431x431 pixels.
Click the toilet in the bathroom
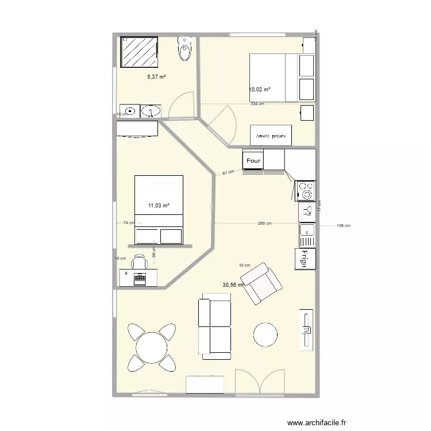tap(184, 49)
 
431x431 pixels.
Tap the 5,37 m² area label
tap(157, 77)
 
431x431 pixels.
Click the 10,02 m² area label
tap(259, 90)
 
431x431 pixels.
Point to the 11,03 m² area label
tap(159, 205)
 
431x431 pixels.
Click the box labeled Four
tap(253, 160)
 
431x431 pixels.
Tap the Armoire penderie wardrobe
tap(271, 136)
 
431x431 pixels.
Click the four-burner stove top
tap(306, 190)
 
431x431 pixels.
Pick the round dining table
tap(152, 348)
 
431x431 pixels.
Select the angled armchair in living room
tap(262, 284)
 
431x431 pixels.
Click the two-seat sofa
tap(214, 326)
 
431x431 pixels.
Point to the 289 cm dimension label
tap(264, 224)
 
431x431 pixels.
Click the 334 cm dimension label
tap(257, 104)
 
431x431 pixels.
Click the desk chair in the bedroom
tap(139, 263)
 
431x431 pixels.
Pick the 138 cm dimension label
tap(343, 226)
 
